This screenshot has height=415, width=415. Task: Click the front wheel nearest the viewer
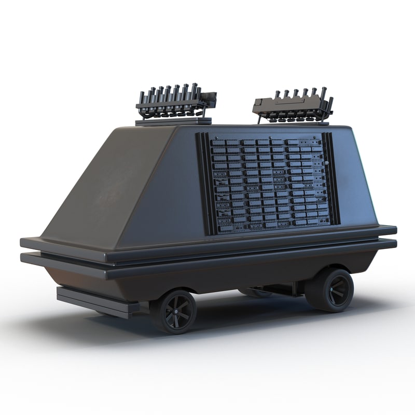pos(173,311)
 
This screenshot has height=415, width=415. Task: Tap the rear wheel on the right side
pos(330,288)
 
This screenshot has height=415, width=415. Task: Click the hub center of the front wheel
pos(174,312)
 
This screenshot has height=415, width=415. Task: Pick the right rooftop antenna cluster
pos(293,105)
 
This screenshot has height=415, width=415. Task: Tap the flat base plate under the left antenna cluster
pos(173,121)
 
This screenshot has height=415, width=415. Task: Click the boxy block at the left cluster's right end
pos(209,98)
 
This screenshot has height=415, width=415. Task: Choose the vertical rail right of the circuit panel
pos(332,179)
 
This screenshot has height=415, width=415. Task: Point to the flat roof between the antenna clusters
pos(233,125)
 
